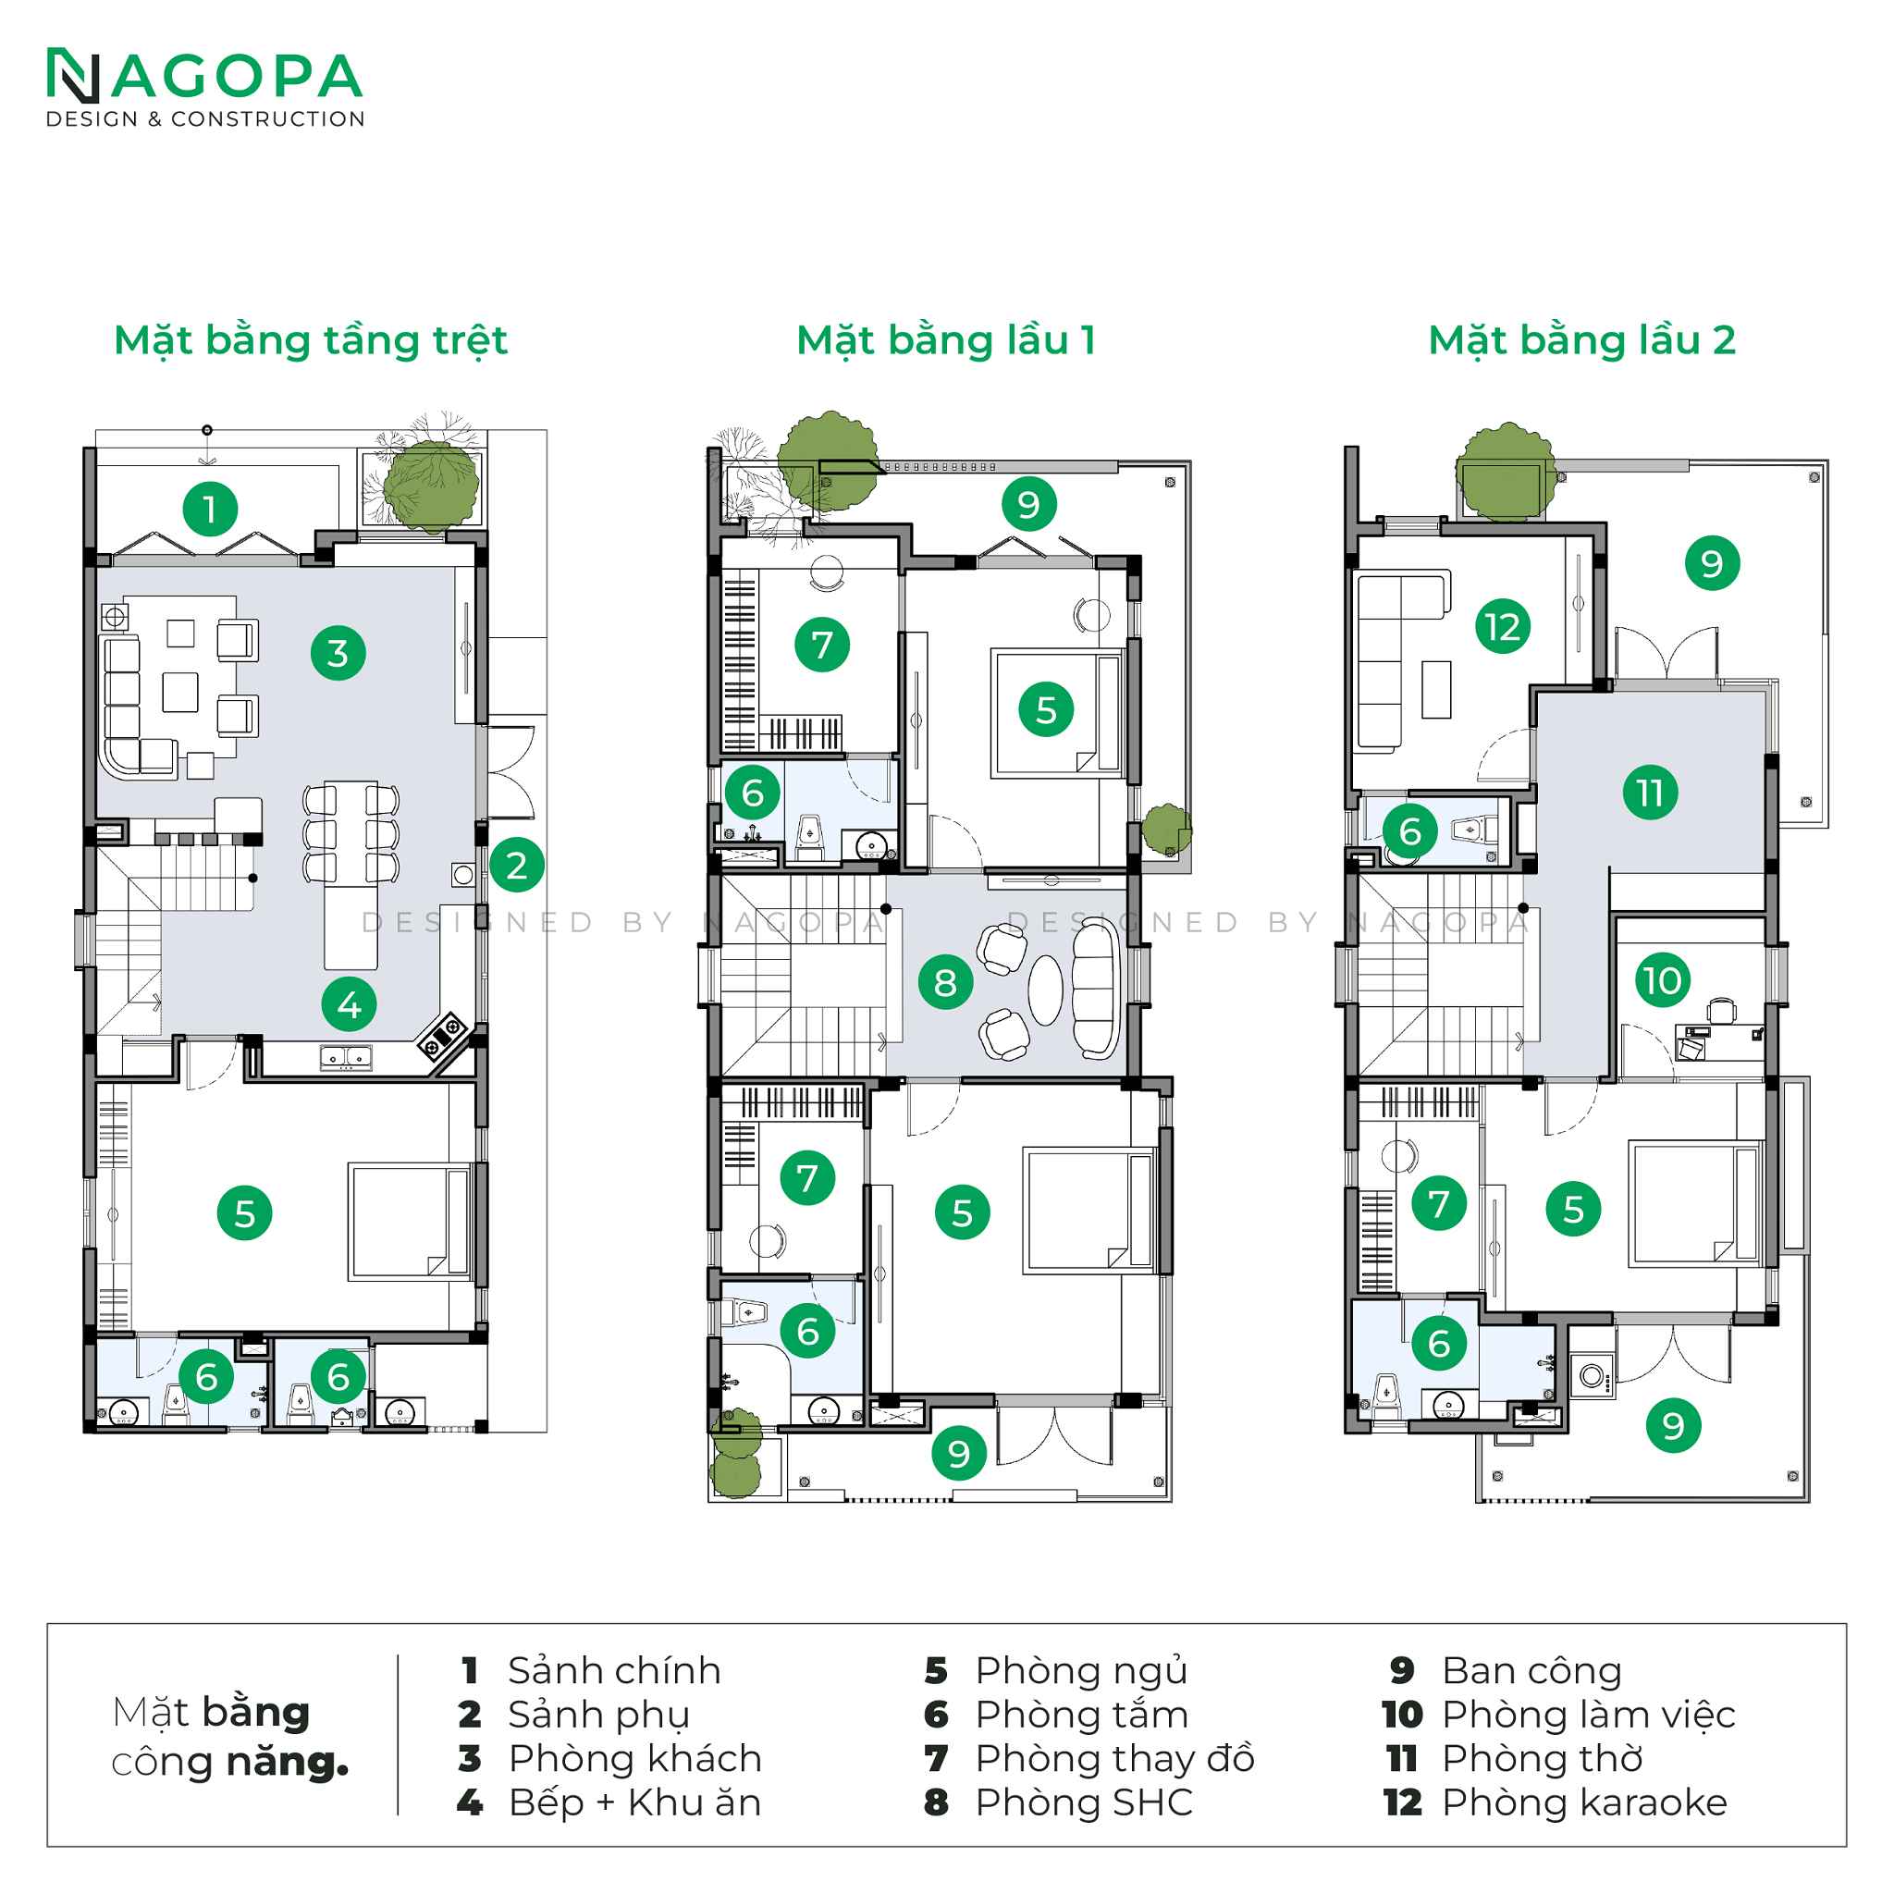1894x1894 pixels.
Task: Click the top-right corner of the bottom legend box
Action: pos(1846,1624)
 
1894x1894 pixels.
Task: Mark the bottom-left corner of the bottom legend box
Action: pos(48,1846)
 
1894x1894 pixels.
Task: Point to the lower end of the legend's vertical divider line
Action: pos(398,1814)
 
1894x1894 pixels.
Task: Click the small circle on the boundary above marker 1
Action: pos(207,430)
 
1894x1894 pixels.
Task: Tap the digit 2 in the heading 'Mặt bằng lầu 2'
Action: pos(1724,341)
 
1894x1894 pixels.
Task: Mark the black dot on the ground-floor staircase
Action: pos(252,879)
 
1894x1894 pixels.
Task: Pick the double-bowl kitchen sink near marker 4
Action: pos(345,1058)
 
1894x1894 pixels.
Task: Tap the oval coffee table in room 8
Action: pos(1045,990)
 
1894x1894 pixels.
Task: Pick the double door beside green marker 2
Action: pos(511,772)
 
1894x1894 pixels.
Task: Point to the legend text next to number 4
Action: pos(635,1802)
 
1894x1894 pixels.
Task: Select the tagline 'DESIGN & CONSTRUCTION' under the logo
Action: pos(206,119)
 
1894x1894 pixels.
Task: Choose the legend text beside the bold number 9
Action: pos(1532,1671)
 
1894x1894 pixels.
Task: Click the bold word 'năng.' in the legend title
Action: pos(289,1763)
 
